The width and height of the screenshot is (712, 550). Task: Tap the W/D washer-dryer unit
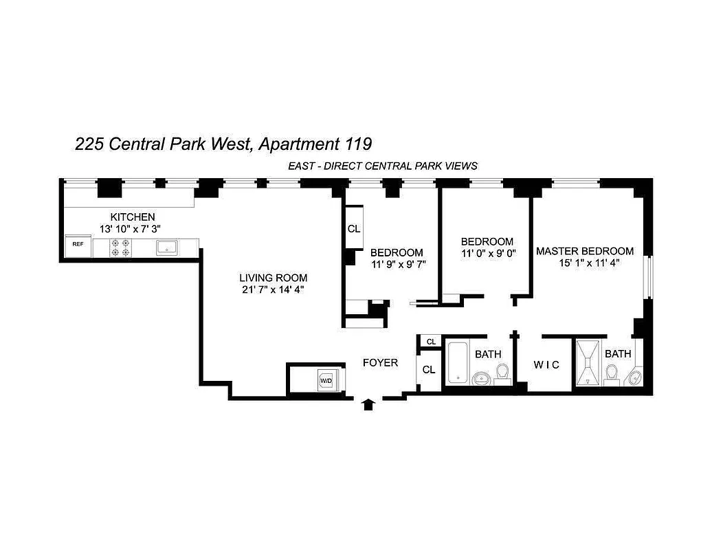[x=326, y=380]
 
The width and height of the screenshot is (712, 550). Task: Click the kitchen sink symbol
[x=167, y=247]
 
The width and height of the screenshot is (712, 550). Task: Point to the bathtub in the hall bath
[x=457, y=362]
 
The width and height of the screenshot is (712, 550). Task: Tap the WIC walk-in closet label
[x=547, y=365]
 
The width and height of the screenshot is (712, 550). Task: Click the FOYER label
[x=380, y=362]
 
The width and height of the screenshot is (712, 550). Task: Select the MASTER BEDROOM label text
[x=585, y=251]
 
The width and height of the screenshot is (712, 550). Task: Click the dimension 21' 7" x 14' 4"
[x=273, y=289]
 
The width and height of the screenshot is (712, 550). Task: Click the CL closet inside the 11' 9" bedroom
[x=354, y=229]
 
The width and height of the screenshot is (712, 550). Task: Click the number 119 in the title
[x=357, y=144]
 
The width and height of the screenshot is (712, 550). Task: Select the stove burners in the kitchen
[x=121, y=247]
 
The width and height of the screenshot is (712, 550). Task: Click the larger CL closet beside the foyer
[x=429, y=369]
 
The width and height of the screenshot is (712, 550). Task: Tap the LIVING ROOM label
[x=273, y=278]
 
